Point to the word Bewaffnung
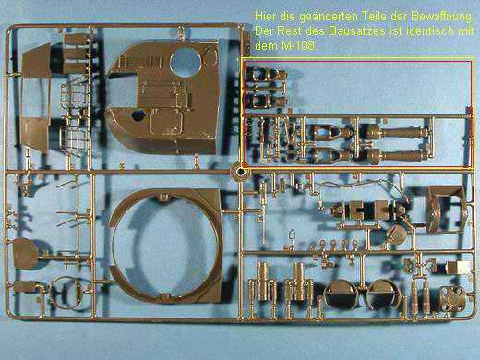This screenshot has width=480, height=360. [x=441, y=17]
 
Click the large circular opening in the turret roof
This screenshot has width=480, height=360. [x=185, y=63]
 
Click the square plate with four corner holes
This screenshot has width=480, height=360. [x=452, y=298]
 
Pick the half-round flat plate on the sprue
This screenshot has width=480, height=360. [x=25, y=254]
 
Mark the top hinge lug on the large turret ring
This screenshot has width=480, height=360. [x=162, y=196]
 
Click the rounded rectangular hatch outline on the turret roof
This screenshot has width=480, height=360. [x=166, y=122]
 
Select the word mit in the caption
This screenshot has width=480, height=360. [x=463, y=30]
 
